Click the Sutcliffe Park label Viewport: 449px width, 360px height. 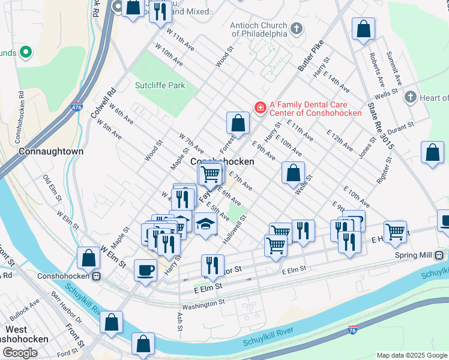pyautogui.click(x=160, y=85)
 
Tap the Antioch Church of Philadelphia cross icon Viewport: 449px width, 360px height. pyautogui.click(x=296, y=28)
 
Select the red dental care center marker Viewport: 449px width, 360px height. pyautogui.click(x=261, y=107)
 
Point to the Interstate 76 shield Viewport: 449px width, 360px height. pyautogui.click(x=354, y=330)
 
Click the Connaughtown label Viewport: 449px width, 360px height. pyautogui.click(x=51, y=151)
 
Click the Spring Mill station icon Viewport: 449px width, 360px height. pyautogui.click(x=439, y=255)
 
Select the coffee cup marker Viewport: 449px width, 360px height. pyautogui.click(x=145, y=270)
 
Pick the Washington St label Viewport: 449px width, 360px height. pyautogui.click(x=203, y=304)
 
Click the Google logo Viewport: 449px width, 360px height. pyautogui.click(x=19, y=352)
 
